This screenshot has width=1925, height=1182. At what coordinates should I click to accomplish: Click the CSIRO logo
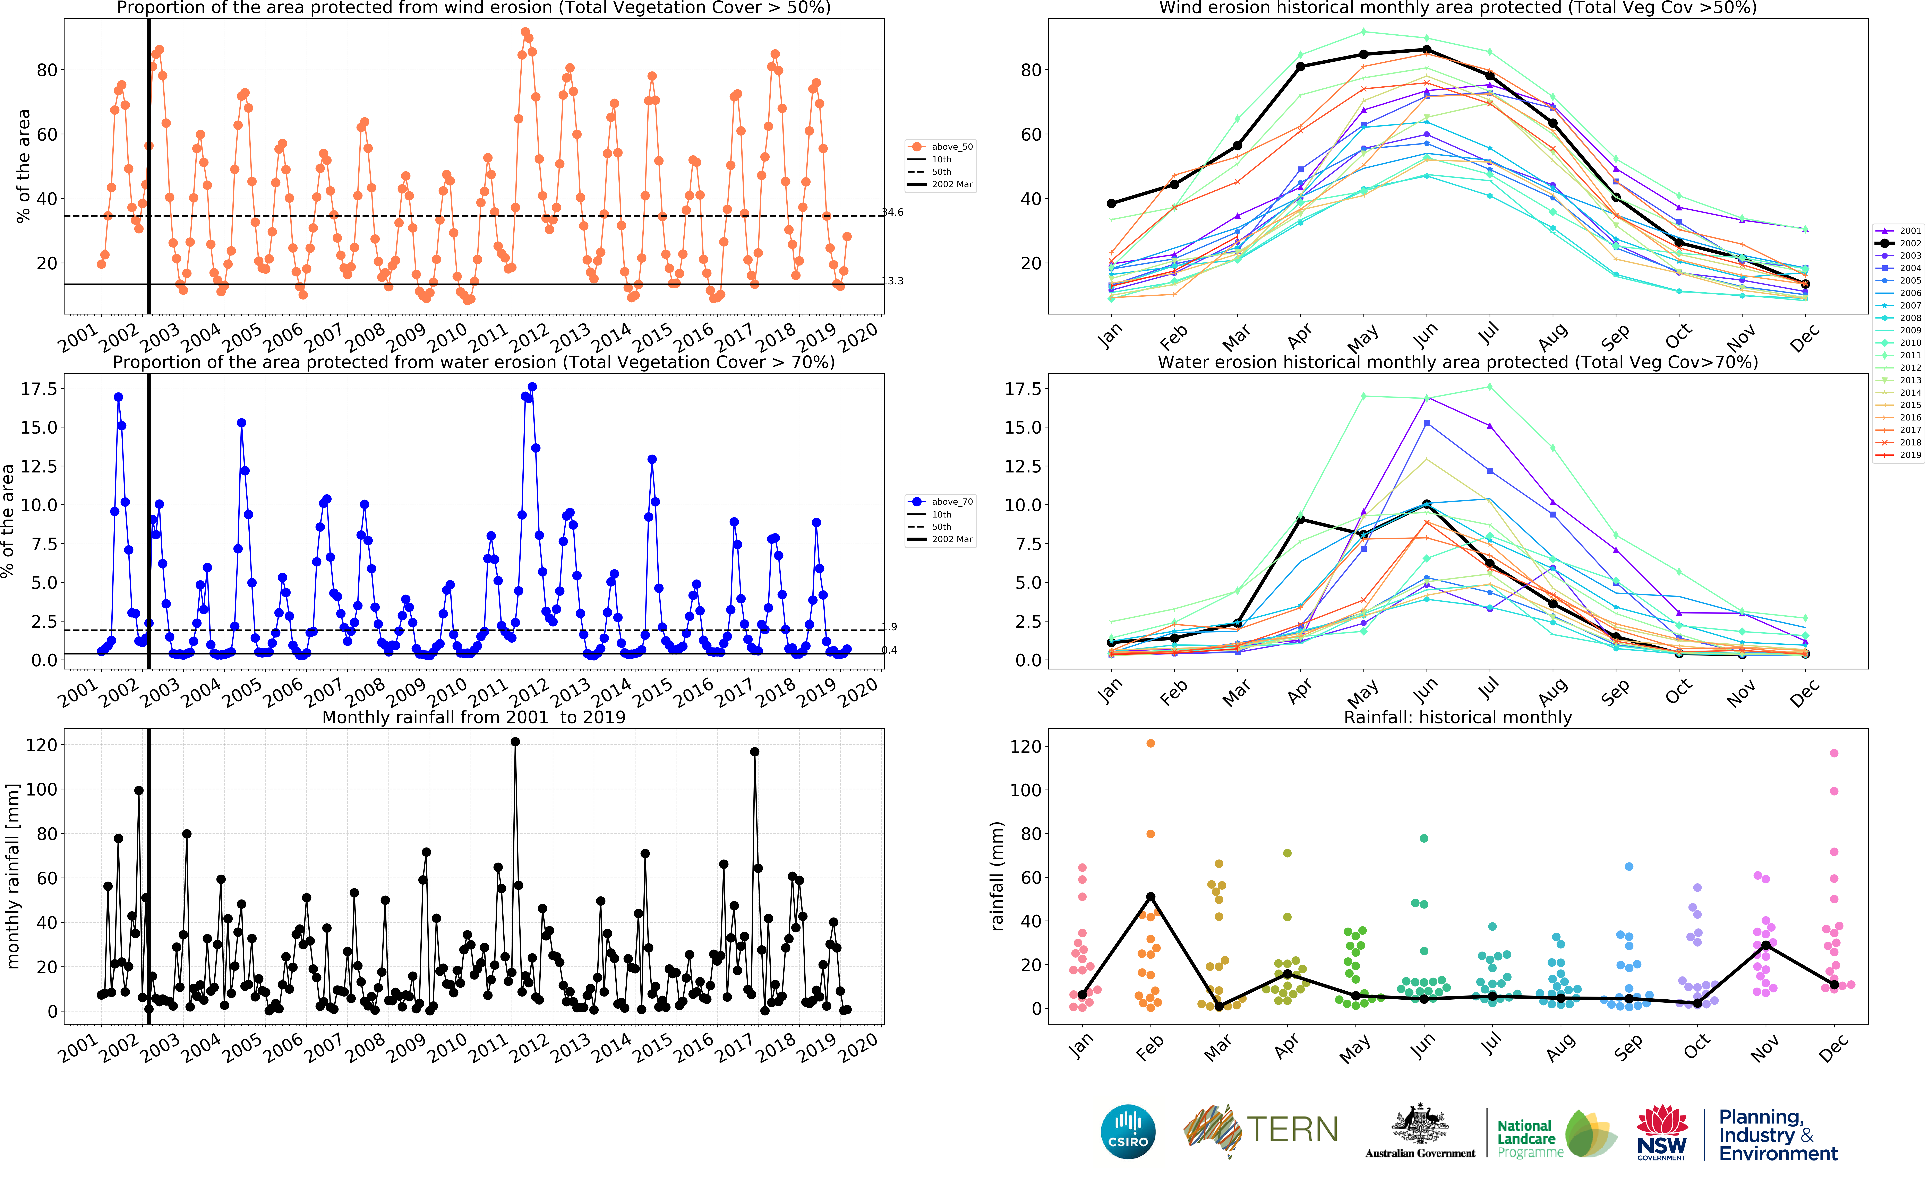click(x=1128, y=1131)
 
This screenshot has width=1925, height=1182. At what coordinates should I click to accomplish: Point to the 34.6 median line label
click(x=893, y=212)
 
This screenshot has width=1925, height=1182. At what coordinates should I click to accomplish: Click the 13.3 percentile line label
click(x=893, y=281)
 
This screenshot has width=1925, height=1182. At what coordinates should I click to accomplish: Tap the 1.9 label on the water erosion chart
click(x=890, y=627)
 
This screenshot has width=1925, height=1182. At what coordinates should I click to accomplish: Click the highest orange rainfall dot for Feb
click(x=1150, y=744)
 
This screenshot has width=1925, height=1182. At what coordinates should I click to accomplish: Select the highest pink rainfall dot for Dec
click(x=1834, y=754)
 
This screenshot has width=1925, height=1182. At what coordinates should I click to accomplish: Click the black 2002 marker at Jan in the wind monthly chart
click(x=1111, y=203)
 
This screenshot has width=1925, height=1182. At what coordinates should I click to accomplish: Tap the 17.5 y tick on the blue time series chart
click(x=38, y=389)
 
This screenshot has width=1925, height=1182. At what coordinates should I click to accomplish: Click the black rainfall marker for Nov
click(x=1765, y=945)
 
